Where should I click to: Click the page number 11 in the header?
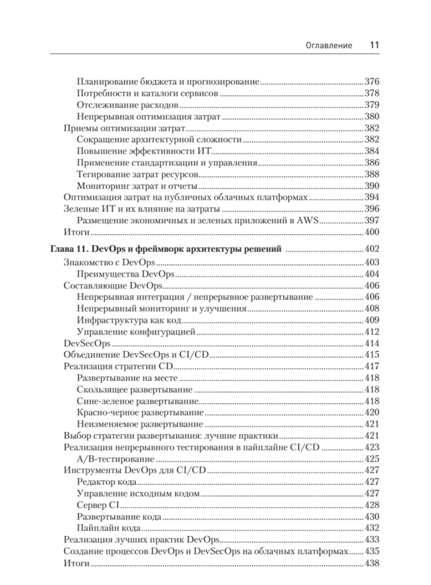374,45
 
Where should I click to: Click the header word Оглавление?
329,46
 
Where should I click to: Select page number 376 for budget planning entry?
372,82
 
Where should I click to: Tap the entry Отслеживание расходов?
127,105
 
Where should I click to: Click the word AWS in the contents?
310,220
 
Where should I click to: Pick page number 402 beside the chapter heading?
372,249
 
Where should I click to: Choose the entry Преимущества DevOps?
125,274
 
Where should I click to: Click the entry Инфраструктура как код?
129,320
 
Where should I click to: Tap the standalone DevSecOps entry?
87,343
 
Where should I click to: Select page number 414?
372,343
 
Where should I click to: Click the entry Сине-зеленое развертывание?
137,401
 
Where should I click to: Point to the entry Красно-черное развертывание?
140,412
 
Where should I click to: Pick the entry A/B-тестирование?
116,459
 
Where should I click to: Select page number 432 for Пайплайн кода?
372,528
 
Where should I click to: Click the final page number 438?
372,563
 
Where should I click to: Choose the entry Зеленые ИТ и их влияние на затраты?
141,209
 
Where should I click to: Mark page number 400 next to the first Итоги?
372,232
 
